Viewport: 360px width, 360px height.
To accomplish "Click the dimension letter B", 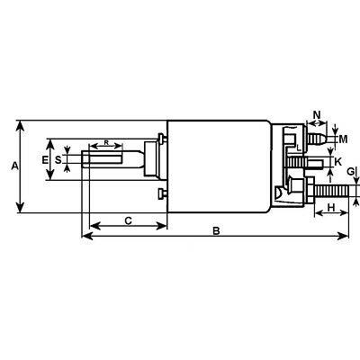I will (216, 231).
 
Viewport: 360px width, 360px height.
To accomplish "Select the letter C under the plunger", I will (128, 220).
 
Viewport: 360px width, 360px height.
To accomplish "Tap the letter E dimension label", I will (45, 159).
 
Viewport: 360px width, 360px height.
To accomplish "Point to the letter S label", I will (58, 159).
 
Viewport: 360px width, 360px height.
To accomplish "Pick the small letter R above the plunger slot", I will (106, 142).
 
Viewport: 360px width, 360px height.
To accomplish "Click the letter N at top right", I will (316, 114).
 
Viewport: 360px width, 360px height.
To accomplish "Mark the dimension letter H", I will (330, 209).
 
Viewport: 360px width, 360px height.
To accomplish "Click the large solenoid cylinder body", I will (220, 166).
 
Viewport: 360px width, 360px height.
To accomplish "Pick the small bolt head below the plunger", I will (160, 194).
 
